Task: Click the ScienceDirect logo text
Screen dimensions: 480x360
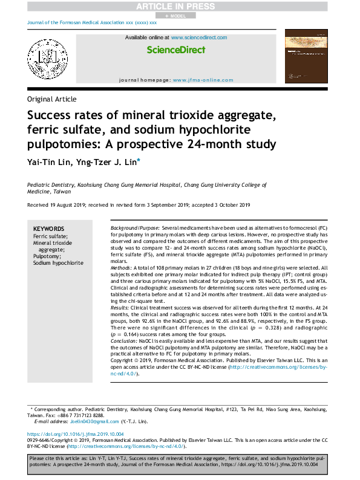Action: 176,50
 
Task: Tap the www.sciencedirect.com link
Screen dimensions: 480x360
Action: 199,37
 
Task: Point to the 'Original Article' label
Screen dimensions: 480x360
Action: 52,100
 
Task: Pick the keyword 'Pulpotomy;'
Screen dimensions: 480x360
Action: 47,256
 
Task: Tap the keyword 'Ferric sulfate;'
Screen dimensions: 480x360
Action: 50,236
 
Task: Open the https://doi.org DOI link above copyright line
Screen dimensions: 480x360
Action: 76,434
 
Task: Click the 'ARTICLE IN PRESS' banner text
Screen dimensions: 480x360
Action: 179,6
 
